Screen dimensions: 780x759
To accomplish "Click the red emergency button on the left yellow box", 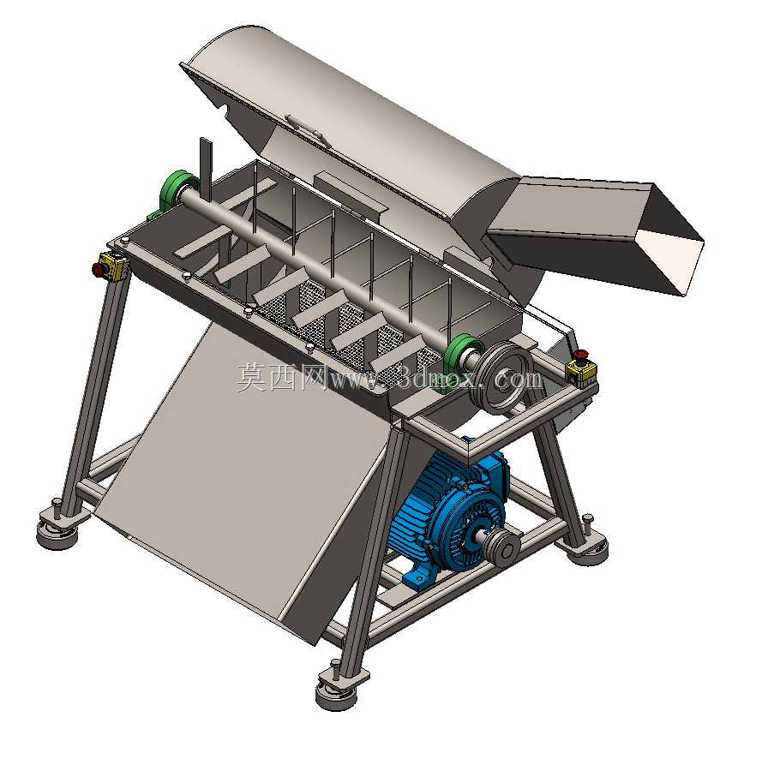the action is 96,269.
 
